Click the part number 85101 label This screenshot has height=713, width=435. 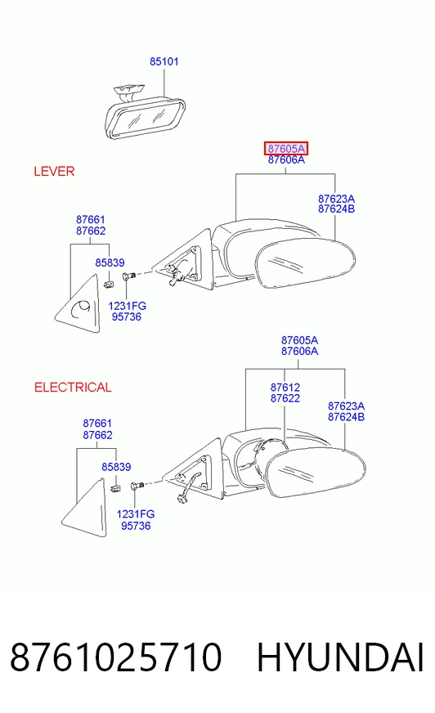point(164,61)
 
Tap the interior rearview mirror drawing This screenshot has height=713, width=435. point(145,113)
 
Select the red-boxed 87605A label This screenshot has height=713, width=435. point(286,148)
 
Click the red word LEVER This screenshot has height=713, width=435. point(54,172)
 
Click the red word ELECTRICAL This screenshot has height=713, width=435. point(73,388)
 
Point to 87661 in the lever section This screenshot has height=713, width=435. point(91,220)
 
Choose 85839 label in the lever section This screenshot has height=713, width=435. point(110,262)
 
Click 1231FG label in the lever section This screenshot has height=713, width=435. point(128,306)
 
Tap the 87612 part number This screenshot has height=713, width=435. point(285,388)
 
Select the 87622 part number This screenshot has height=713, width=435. point(285,398)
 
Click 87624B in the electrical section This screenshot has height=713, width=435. point(347,417)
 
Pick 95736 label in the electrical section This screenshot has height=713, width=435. point(136,526)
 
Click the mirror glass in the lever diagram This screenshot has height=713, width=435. point(304,264)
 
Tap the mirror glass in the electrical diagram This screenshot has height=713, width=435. point(316,473)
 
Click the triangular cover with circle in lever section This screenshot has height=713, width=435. point(78,303)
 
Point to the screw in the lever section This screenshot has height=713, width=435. point(128,276)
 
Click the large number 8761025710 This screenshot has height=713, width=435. point(116,657)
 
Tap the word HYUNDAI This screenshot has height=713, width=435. point(340,657)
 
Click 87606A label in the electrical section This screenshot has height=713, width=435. point(299,351)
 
